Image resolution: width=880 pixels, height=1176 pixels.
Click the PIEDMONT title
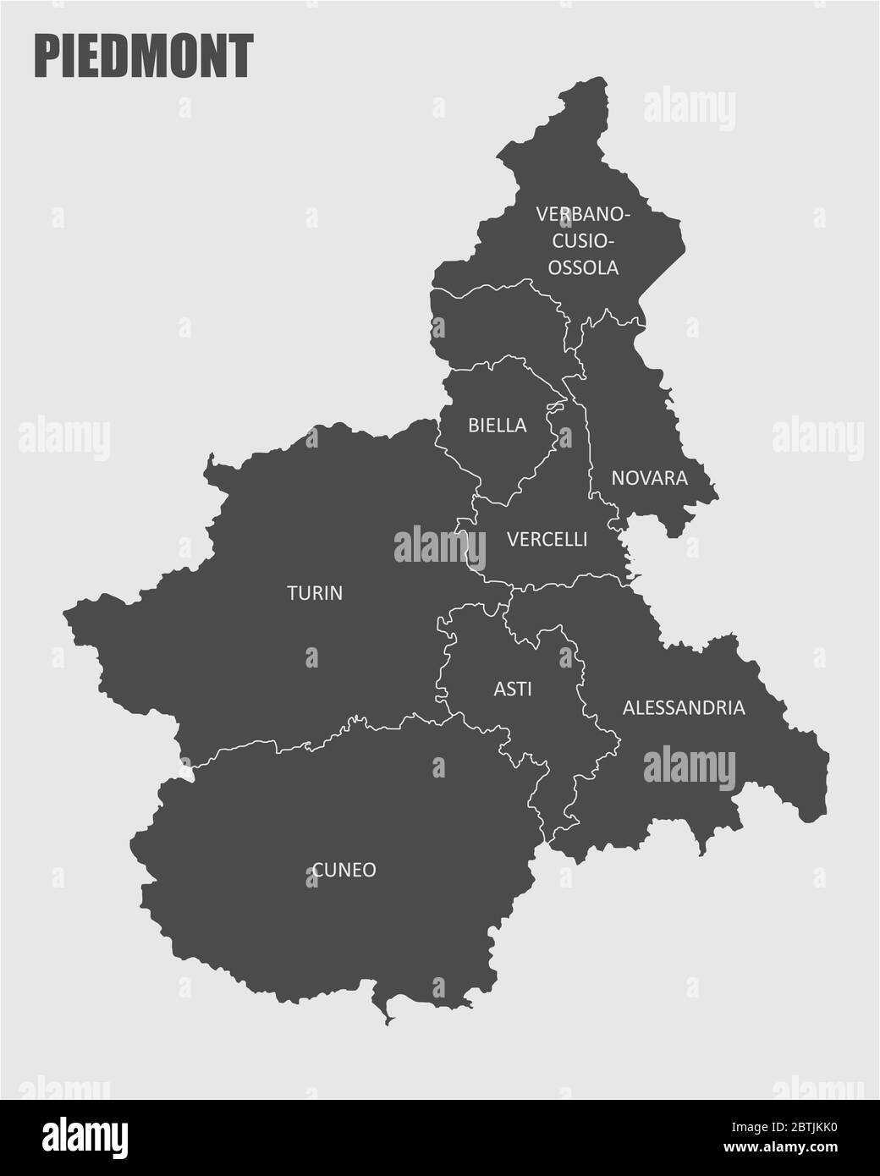click(x=143, y=57)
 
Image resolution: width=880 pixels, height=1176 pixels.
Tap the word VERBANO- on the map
click(x=582, y=214)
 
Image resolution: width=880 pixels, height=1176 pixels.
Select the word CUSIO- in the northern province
click(x=584, y=241)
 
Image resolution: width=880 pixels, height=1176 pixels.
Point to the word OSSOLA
click(x=584, y=267)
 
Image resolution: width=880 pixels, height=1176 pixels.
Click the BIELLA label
click(x=498, y=426)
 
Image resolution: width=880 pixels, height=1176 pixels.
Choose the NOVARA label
click(x=649, y=478)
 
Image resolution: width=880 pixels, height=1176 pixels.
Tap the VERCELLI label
click(x=547, y=539)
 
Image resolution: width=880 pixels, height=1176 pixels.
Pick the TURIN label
click(x=315, y=593)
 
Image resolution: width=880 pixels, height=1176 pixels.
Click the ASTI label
click(x=513, y=690)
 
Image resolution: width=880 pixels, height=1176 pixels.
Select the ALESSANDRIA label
click(x=684, y=707)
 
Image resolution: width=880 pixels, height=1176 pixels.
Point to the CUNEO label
click(x=344, y=870)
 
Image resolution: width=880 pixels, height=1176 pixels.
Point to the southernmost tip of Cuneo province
click(x=387, y=1025)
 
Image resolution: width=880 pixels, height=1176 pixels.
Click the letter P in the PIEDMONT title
click(x=46, y=57)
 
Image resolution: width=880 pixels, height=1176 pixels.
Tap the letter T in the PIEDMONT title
click(x=241, y=57)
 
